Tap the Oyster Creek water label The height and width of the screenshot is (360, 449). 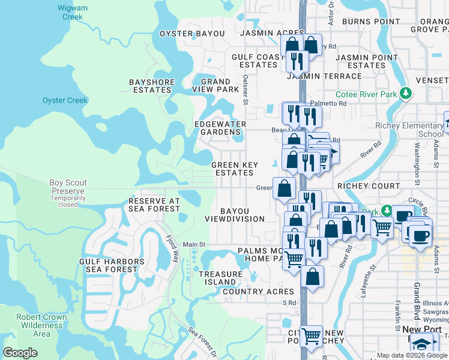65,100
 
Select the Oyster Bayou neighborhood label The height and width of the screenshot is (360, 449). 191,34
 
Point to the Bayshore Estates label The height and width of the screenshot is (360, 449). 152,86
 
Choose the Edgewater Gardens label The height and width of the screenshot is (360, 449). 220,128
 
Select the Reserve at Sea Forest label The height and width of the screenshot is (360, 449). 154,205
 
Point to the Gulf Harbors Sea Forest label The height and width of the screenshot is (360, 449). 112,265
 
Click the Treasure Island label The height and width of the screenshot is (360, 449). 220,278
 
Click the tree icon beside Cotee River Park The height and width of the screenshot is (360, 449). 406,94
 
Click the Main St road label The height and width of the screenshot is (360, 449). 194,244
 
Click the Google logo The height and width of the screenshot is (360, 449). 20,353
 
